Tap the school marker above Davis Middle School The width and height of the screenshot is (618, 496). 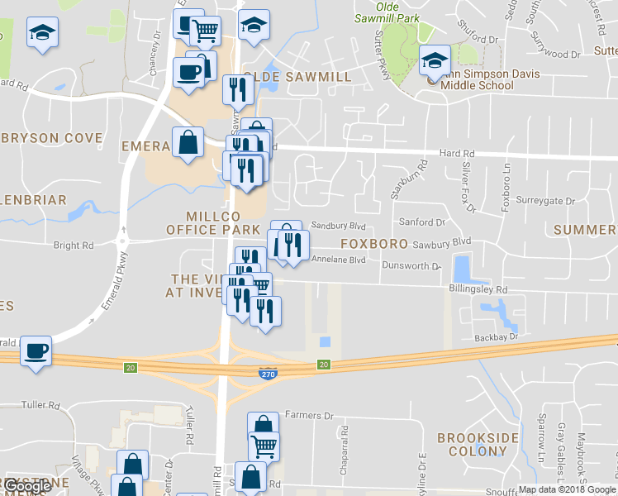pos(435,60)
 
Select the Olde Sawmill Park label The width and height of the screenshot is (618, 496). pos(387,12)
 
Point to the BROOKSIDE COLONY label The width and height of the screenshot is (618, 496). pos(478,444)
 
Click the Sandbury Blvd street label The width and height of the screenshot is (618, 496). pos(338,226)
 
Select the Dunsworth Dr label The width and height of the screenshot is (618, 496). pos(412,266)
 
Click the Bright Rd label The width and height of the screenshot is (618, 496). pos(73,246)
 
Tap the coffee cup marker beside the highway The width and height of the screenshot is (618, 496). pos(36,350)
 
